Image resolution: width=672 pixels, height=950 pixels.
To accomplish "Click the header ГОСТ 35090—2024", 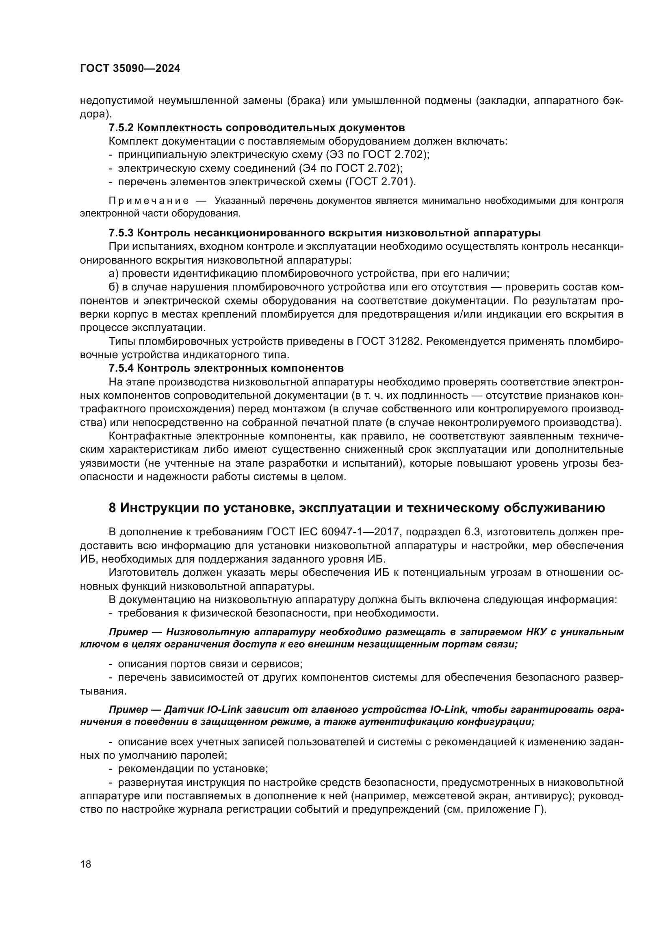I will (130, 69).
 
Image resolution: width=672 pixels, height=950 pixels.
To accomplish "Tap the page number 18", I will (86, 864).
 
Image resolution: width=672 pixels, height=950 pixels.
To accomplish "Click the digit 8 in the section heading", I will (113, 508).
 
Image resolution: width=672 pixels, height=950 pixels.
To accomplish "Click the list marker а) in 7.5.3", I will (113, 273).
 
